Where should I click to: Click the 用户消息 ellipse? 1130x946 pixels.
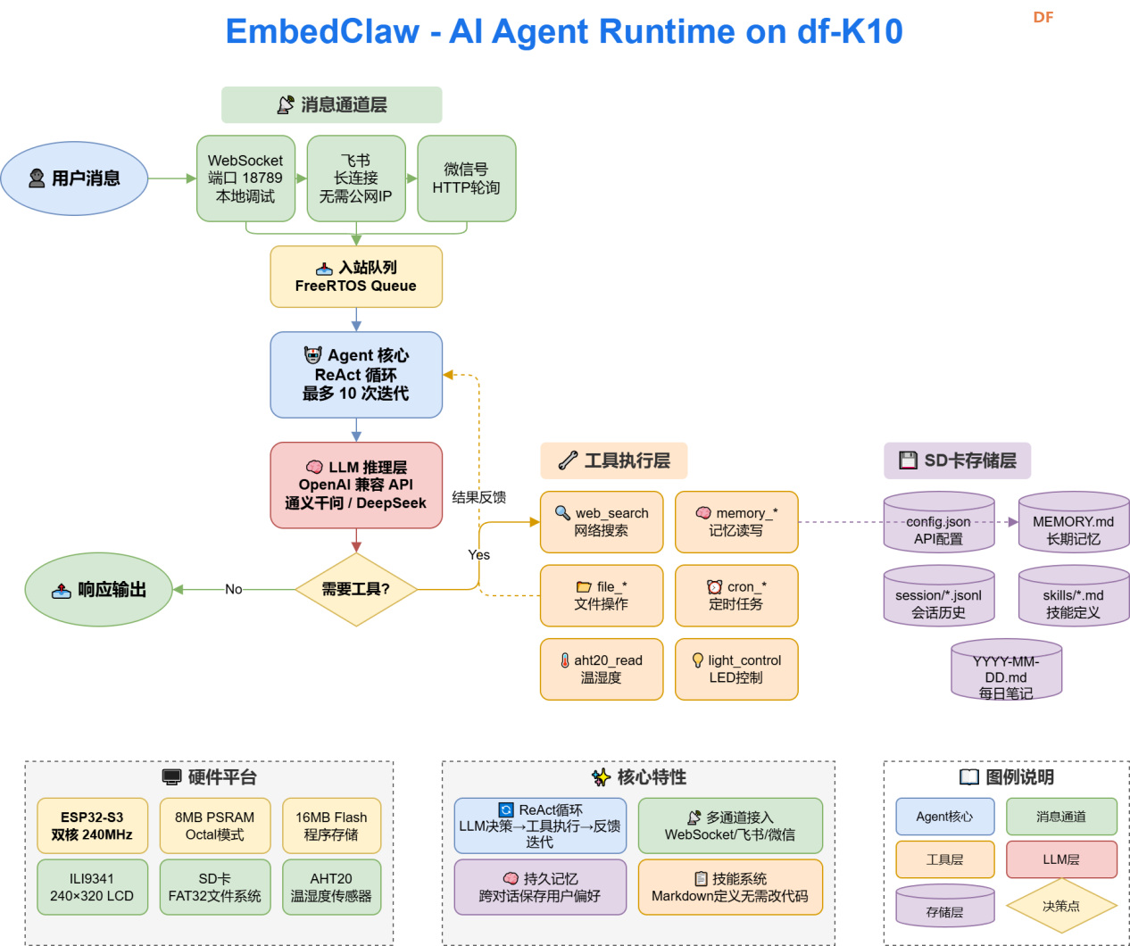[x=75, y=178]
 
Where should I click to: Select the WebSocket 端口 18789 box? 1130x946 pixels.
[x=245, y=178]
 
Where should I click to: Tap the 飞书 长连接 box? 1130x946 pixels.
[x=355, y=178]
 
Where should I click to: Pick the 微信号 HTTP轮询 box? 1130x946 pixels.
[x=466, y=178]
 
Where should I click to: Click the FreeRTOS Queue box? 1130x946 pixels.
[x=356, y=277]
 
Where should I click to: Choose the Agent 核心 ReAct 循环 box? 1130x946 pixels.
[x=356, y=375]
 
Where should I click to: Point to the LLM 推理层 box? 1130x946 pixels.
[x=356, y=485]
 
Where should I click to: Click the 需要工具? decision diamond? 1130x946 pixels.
[x=356, y=589]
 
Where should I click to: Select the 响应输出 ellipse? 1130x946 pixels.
[x=98, y=589]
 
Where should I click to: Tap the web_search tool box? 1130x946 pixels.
[x=602, y=522]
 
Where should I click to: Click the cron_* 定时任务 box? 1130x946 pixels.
[x=736, y=595]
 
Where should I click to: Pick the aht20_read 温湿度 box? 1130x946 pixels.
[x=602, y=669]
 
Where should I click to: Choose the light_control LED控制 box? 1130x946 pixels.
[x=736, y=669]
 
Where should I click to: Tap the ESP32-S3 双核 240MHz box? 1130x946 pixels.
[x=92, y=826]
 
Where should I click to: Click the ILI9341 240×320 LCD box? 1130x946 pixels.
[x=92, y=887]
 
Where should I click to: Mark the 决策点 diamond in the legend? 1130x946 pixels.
[x=1061, y=906]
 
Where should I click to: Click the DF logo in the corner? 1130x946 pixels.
[x=1043, y=17]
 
